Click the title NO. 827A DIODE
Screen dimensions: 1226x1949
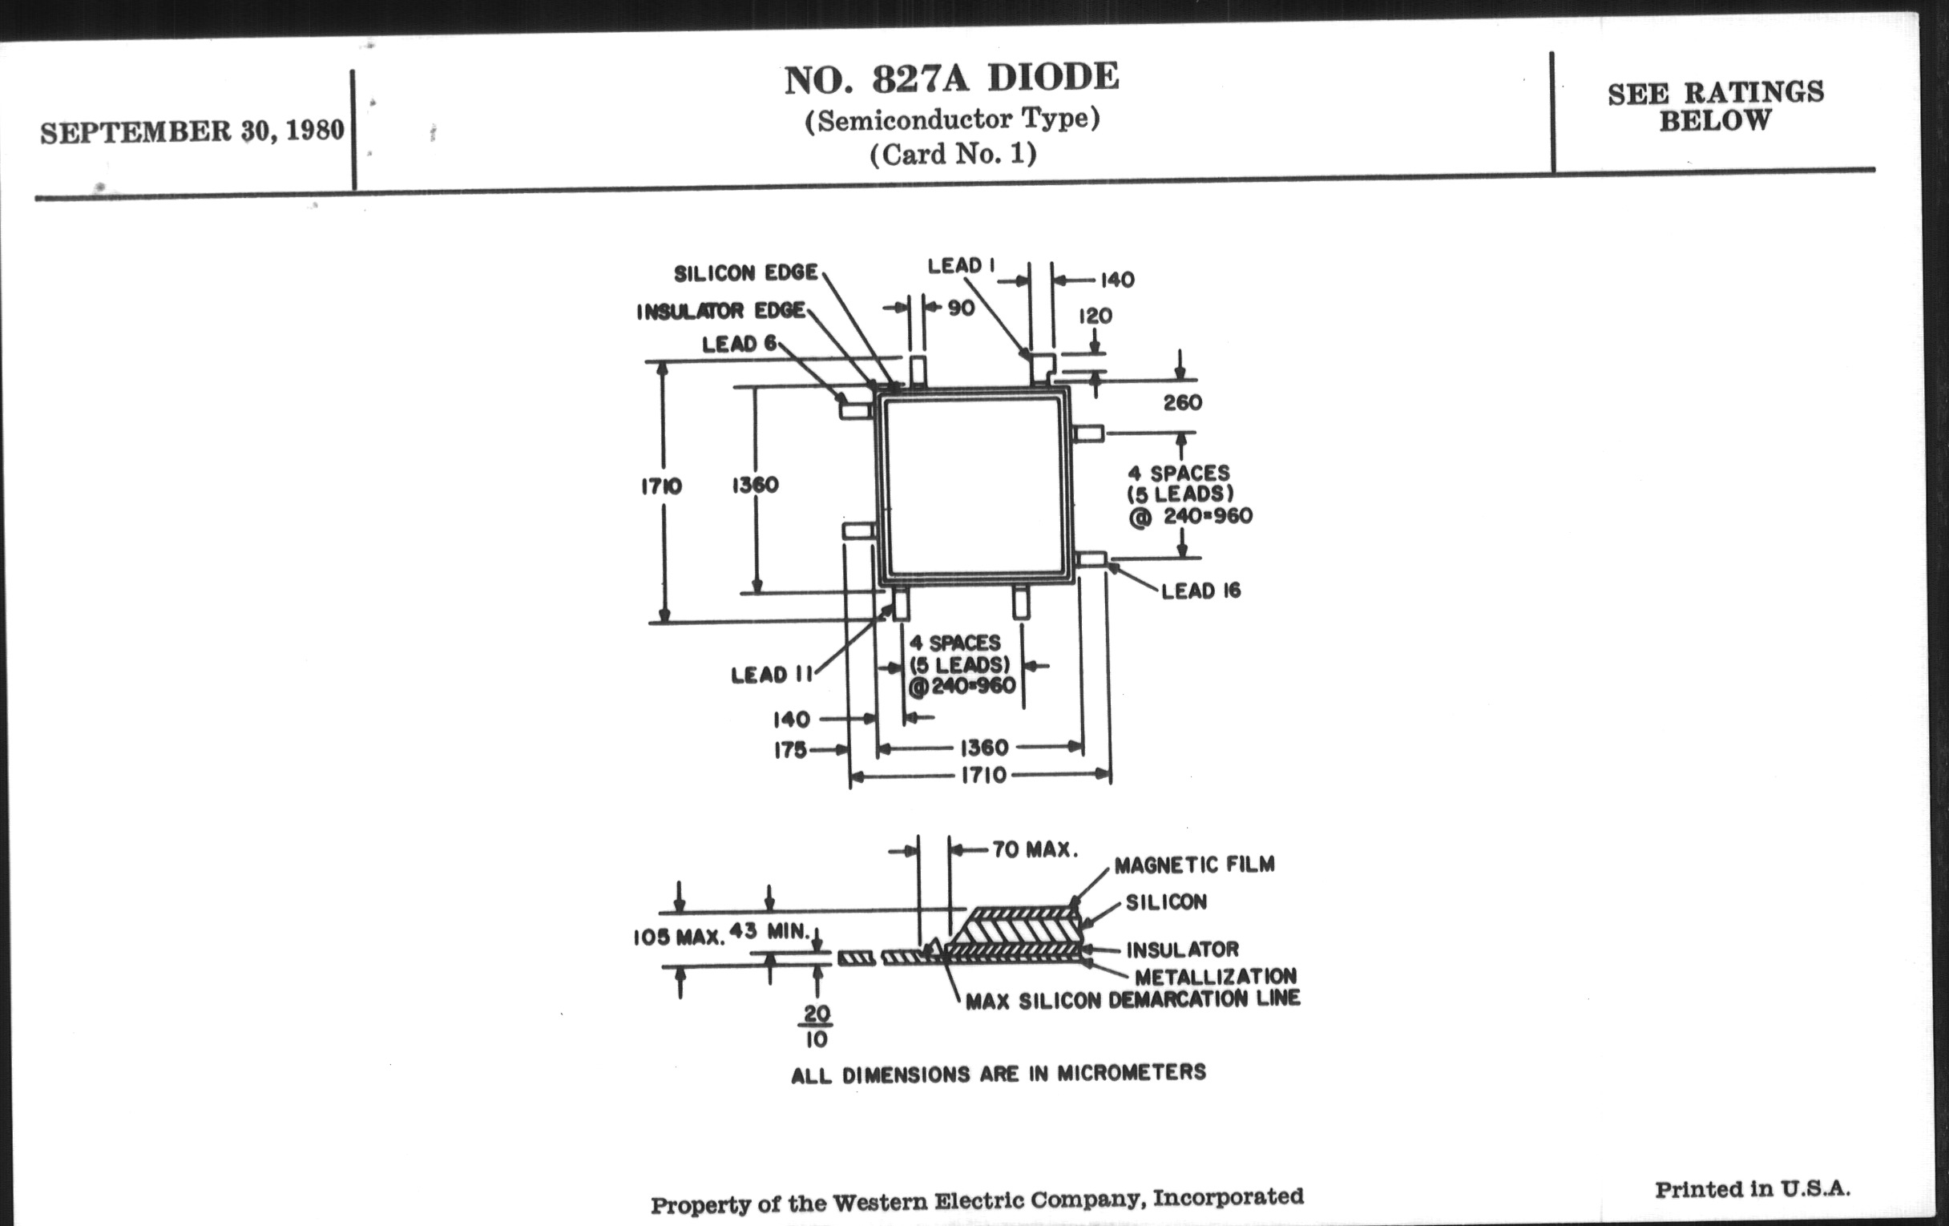click(x=952, y=79)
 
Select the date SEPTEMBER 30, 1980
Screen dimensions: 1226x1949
click(x=192, y=131)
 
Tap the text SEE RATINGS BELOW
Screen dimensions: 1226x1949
click(x=1715, y=106)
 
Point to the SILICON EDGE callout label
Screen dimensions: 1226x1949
click(x=745, y=273)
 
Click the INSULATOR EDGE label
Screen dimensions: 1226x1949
click(x=720, y=312)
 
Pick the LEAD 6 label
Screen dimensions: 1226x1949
click(x=739, y=344)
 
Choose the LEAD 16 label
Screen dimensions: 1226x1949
click(x=1200, y=591)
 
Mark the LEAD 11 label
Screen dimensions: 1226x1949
click(x=770, y=675)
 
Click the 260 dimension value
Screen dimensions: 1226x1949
click(x=1183, y=403)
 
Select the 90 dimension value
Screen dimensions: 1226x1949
click(x=961, y=309)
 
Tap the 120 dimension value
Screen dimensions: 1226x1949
click(x=1095, y=317)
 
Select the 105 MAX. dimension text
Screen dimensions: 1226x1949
click(x=678, y=937)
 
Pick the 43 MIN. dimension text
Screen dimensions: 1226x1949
click(x=769, y=930)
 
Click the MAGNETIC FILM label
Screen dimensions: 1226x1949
click(x=1194, y=865)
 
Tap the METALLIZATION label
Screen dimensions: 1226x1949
click(x=1215, y=977)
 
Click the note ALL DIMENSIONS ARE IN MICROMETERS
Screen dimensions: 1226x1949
click(x=998, y=1074)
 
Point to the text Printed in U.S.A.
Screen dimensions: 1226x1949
click(x=1753, y=1189)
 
